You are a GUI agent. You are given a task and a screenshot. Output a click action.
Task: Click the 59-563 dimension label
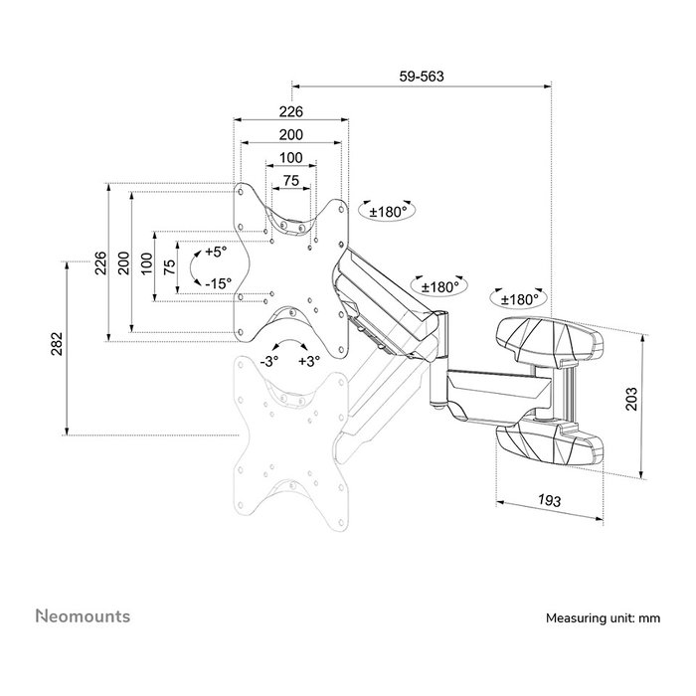(422, 77)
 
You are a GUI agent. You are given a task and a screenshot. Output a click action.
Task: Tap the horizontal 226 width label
(290, 111)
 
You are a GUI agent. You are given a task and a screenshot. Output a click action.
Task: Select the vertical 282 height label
(58, 344)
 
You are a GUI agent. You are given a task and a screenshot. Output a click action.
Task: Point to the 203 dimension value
(630, 399)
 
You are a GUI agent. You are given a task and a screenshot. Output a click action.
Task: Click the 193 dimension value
(550, 500)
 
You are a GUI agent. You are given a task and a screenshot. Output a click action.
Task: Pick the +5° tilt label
(216, 252)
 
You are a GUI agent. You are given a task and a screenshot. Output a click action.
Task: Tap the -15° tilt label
(219, 283)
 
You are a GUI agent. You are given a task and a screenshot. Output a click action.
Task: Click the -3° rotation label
(269, 361)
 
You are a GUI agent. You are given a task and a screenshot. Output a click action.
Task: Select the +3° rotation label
(309, 361)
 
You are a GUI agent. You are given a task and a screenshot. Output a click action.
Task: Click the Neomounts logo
(83, 616)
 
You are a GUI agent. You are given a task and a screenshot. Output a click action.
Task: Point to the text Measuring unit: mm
(603, 617)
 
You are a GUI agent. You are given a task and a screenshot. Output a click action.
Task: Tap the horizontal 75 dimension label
(291, 181)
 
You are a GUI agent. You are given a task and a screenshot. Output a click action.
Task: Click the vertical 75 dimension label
(170, 267)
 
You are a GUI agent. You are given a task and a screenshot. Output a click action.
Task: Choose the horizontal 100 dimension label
(291, 157)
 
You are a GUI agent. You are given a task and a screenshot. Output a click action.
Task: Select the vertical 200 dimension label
(124, 262)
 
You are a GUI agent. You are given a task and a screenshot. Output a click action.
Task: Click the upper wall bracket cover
(550, 341)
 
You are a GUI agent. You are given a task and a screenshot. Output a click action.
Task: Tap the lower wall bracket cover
(550, 444)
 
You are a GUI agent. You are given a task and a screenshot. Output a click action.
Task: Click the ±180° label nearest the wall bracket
(519, 299)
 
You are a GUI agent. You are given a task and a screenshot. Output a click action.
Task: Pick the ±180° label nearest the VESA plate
(389, 212)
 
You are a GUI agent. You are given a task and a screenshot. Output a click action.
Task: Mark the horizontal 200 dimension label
(290, 134)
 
